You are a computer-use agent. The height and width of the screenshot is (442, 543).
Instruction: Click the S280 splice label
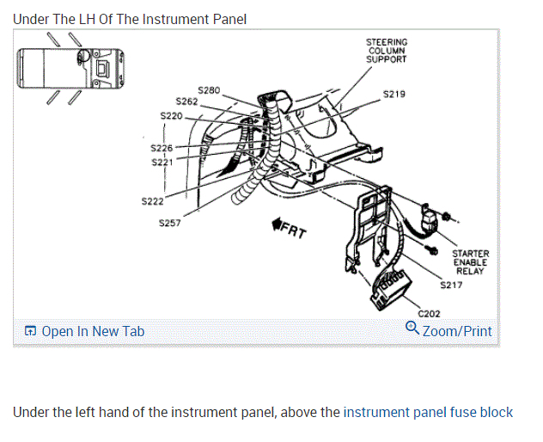209,89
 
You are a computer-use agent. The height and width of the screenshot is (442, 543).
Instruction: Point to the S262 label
186,101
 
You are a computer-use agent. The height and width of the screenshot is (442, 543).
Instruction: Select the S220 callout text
172,115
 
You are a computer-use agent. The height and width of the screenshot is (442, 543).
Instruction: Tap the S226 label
162,149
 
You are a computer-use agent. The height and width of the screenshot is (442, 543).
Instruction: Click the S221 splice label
162,162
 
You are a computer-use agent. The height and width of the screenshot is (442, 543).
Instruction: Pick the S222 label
152,201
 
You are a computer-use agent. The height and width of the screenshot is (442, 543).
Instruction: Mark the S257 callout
171,223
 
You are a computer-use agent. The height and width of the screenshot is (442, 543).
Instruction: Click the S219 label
394,93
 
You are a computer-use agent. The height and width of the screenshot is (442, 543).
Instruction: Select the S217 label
451,285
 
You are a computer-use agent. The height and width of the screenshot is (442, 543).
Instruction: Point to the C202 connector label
429,314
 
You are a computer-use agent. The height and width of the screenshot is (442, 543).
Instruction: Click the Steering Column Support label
387,51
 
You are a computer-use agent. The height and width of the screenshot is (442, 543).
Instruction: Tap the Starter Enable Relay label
470,262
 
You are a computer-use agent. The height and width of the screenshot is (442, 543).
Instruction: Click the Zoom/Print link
457,330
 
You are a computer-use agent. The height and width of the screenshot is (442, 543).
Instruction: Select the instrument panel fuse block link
428,412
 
